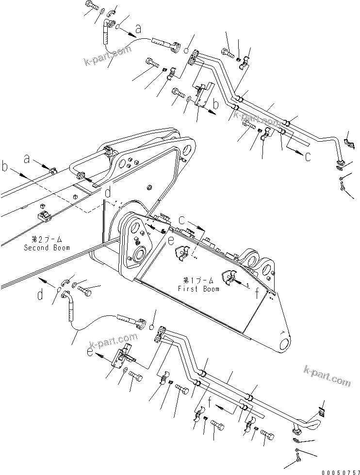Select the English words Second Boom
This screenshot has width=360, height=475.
pos(47,248)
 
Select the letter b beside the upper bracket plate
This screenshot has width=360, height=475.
pos(215,104)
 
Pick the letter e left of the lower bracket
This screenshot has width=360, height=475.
pos(90,351)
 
